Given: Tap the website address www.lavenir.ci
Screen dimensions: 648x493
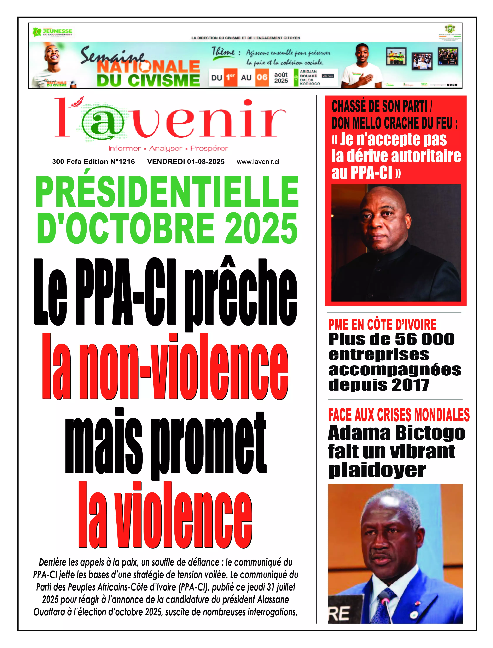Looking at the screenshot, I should [x=258, y=162].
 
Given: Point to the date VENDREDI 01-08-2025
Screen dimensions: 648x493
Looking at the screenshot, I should [x=186, y=162].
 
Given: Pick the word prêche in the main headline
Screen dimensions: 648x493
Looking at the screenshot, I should [x=241, y=293].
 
